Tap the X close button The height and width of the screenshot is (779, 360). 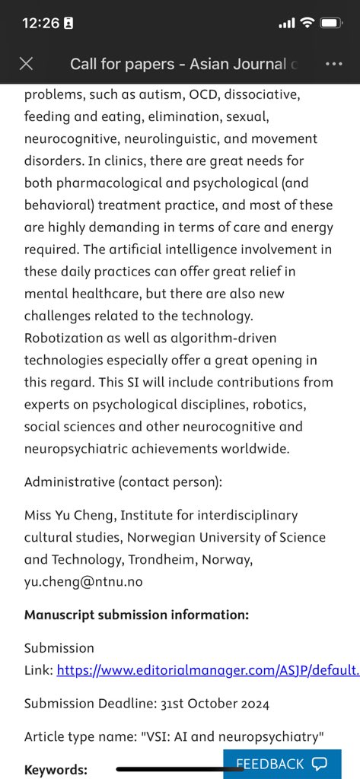click(x=26, y=64)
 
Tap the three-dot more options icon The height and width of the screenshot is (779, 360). click(x=333, y=64)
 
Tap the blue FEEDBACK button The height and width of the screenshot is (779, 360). click(x=281, y=764)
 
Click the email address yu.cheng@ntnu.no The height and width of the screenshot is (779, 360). click(x=83, y=581)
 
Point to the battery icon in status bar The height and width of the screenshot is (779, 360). click(x=331, y=23)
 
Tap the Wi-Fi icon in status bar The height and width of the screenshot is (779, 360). click(x=307, y=23)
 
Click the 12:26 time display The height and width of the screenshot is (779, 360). click(x=41, y=23)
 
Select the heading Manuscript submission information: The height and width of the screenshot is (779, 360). click(x=136, y=615)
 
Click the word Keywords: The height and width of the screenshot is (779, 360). click(x=56, y=770)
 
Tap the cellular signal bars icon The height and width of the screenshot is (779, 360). click(x=286, y=24)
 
